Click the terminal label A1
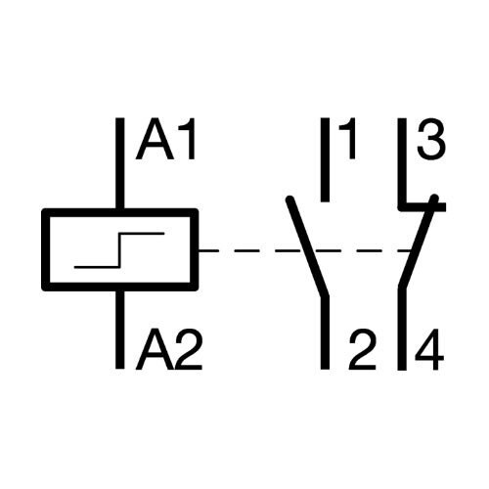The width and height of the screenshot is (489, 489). (x=165, y=139)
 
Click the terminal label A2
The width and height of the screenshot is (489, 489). (x=169, y=349)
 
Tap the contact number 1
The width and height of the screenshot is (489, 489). (x=347, y=139)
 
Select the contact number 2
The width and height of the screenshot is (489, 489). (x=363, y=349)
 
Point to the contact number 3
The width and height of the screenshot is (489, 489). (x=431, y=139)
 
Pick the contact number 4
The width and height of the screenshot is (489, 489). (x=429, y=349)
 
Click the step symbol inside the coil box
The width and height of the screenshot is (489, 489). (x=119, y=250)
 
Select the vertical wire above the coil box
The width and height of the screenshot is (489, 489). (x=120, y=163)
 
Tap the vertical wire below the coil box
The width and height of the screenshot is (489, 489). (x=120, y=330)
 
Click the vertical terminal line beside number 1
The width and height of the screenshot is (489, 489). (x=325, y=159)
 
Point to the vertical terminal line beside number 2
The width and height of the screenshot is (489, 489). (x=325, y=333)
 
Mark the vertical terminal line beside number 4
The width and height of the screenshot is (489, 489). (x=402, y=329)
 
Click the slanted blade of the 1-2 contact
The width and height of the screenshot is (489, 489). (x=307, y=246)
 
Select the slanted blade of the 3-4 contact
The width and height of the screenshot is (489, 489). (x=419, y=242)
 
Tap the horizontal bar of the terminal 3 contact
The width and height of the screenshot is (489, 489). (x=422, y=206)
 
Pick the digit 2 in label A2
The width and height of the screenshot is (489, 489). (x=189, y=349)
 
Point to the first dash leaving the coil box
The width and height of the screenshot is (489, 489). (x=208, y=250)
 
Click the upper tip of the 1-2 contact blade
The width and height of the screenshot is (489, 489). (x=289, y=199)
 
